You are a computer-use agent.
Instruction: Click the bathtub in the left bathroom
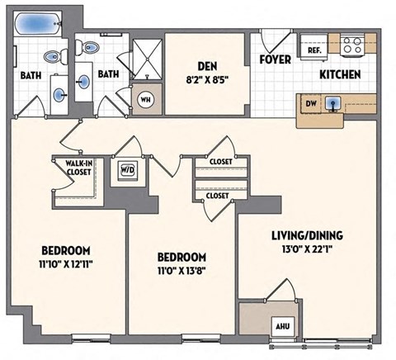tap(38, 24)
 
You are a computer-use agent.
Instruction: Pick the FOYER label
tap(273, 59)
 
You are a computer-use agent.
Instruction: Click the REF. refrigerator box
tap(314, 50)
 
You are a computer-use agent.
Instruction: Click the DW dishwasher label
tap(309, 104)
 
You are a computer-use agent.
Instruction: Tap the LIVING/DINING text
tap(307, 235)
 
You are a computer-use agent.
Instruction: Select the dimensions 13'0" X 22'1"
tap(307, 249)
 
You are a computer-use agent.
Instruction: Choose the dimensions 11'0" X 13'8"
tap(177, 270)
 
